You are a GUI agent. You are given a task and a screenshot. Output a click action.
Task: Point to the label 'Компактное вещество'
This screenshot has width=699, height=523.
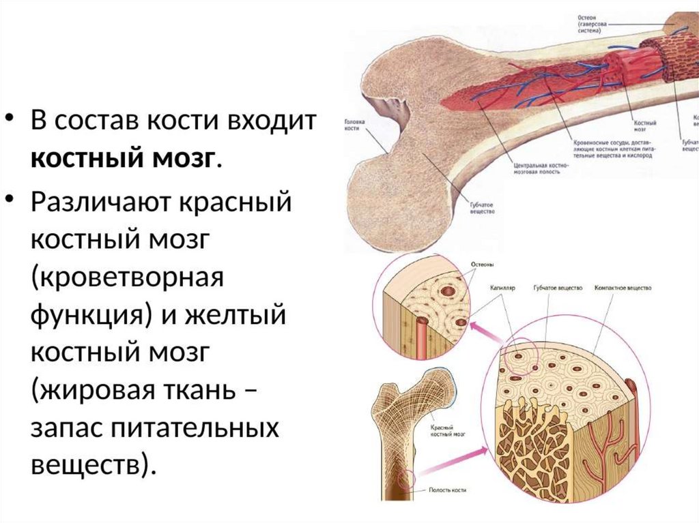point(622,288)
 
